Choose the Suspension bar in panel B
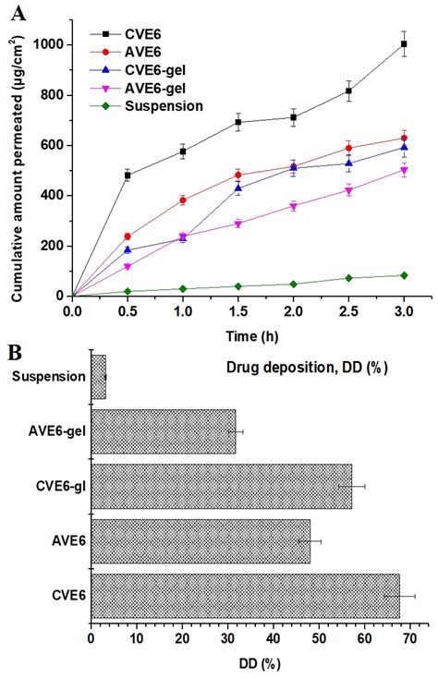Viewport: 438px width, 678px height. tap(98, 377)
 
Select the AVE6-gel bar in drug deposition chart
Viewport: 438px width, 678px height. tap(163, 431)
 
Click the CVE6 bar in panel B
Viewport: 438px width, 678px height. tap(245, 597)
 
